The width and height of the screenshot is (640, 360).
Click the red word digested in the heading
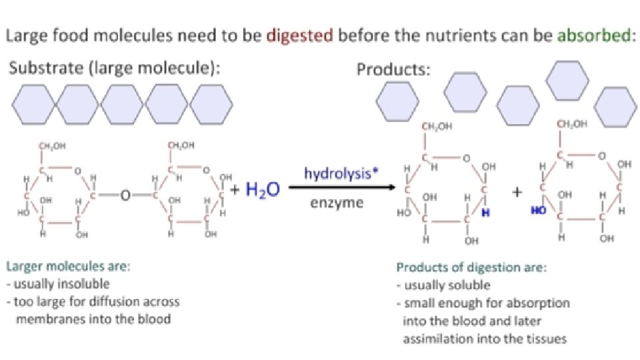[x=299, y=36]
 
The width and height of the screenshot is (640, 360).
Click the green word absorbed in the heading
[x=592, y=36]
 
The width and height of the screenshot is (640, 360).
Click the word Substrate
[x=39, y=69]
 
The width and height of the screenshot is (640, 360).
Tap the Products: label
[x=393, y=69]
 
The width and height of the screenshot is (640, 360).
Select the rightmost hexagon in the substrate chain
[x=212, y=105]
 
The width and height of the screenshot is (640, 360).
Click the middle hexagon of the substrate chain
[x=123, y=105]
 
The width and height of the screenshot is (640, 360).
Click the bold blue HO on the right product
[x=538, y=210]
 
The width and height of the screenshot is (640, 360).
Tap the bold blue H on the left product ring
[x=485, y=213]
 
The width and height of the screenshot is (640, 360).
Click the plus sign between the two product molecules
[x=516, y=192]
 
